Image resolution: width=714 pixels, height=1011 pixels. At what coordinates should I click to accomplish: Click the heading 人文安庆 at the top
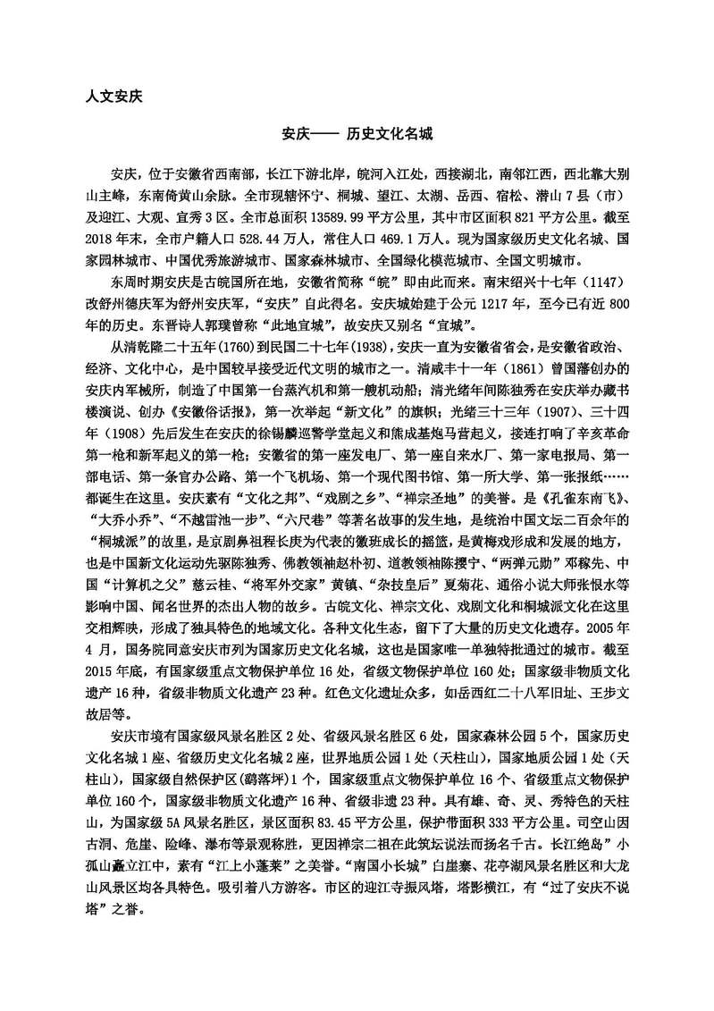click(x=107, y=93)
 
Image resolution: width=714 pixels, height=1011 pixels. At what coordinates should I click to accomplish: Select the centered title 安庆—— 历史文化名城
click(x=357, y=132)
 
